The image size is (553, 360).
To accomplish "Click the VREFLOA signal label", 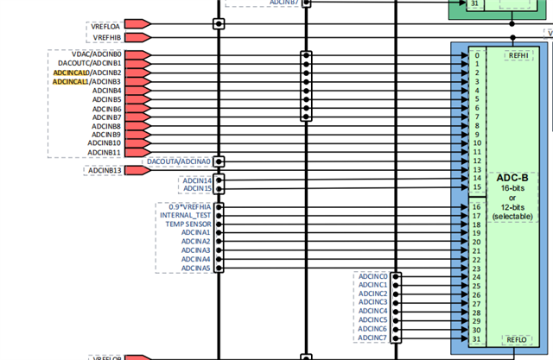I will click(106, 25).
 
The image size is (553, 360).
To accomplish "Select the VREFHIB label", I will click(106, 37).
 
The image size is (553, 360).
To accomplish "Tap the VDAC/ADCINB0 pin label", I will click(96, 54).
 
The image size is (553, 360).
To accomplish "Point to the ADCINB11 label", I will click(105, 153).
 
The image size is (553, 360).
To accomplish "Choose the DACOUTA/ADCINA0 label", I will click(179, 161).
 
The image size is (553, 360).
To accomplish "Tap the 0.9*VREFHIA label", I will click(189, 206).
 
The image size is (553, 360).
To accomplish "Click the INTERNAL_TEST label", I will click(186, 215).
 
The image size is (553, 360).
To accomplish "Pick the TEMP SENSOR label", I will click(188, 224).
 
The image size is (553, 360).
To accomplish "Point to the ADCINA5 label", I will click(196, 268).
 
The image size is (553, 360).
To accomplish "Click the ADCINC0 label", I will click(372, 276).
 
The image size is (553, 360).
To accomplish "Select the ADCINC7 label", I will click(372, 338).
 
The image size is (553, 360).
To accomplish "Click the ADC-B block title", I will click(512, 178).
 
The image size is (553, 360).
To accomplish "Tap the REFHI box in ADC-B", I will click(518, 55).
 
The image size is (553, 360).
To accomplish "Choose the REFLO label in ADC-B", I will click(517, 339).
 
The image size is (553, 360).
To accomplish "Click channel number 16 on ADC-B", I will click(476, 207).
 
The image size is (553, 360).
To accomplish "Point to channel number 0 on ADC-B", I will click(476, 55).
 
